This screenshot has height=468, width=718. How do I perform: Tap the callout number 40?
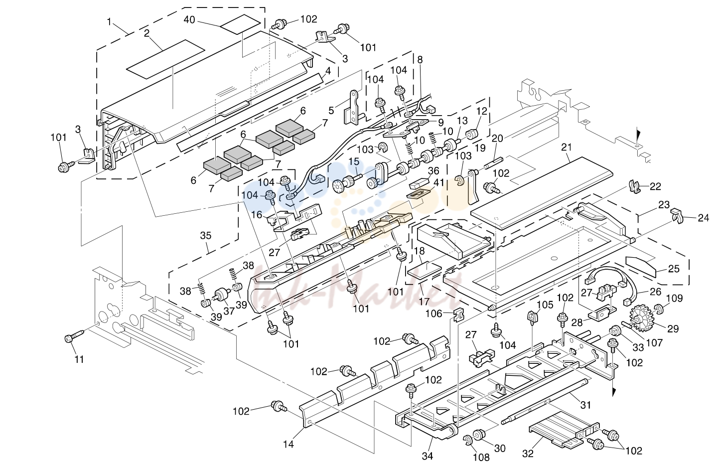click(x=189, y=20)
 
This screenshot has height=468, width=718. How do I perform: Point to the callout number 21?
click(x=567, y=148)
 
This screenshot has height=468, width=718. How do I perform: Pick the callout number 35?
click(x=205, y=236)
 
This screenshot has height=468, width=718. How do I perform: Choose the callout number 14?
click(x=288, y=444)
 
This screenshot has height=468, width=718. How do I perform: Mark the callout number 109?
click(x=675, y=299)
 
